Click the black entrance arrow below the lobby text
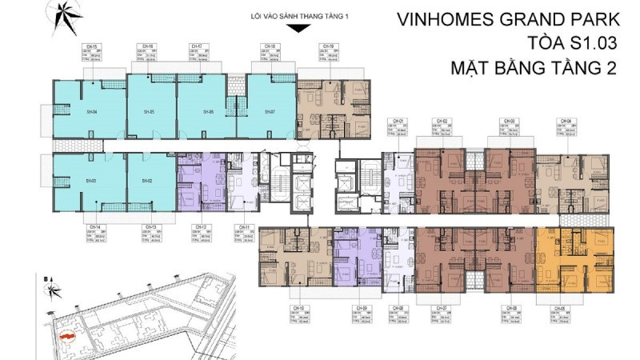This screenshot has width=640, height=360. point(297,30)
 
